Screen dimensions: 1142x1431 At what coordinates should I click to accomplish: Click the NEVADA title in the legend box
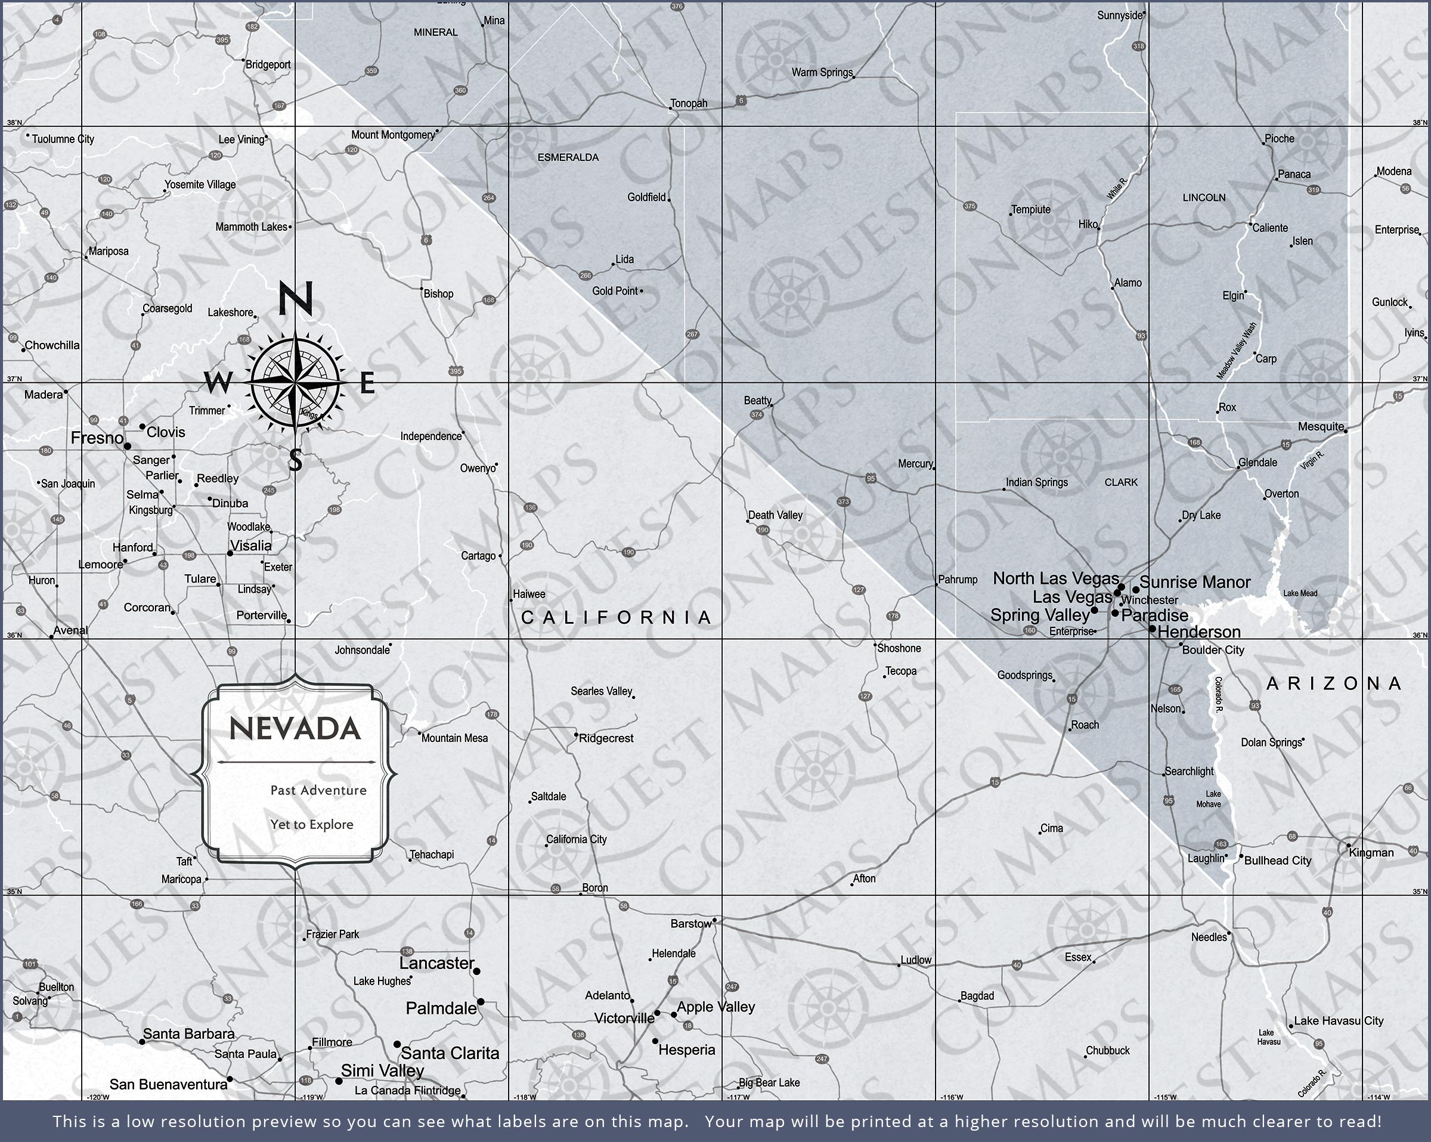pyautogui.click(x=295, y=729)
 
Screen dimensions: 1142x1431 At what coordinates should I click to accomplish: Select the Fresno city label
pyautogui.click(x=97, y=438)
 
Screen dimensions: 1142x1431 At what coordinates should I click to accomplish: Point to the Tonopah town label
pyautogui.click(x=688, y=104)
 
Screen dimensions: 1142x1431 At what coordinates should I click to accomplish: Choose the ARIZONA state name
pyautogui.click(x=1334, y=684)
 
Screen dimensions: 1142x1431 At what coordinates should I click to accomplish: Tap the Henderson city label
pyautogui.click(x=1198, y=632)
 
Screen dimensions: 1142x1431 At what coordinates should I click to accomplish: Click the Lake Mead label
pyautogui.click(x=1300, y=593)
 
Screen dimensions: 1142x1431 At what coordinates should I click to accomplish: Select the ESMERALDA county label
pyautogui.click(x=568, y=157)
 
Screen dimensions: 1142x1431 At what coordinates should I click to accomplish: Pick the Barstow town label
pyautogui.click(x=690, y=924)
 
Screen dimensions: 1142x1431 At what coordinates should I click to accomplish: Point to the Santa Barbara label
pyautogui.click(x=188, y=1034)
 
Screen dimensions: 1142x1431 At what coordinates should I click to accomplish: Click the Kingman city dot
pyautogui.click(x=1348, y=847)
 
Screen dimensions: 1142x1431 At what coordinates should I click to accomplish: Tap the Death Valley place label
pyautogui.click(x=775, y=515)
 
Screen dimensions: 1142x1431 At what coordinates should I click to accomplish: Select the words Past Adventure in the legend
pyautogui.click(x=318, y=790)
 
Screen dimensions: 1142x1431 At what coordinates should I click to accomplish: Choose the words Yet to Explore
pyautogui.click(x=311, y=825)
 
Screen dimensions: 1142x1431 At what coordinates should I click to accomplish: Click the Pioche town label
pyautogui.click(x=1279, y=139)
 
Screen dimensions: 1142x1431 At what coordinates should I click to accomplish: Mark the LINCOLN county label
pyautogui.click(x=1204, y=198)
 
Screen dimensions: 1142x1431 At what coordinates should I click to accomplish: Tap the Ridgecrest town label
pyautogui.click(x=606, y=738)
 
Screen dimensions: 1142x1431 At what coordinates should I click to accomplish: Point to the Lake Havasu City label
pyautogui.click(x=1339, y=1020)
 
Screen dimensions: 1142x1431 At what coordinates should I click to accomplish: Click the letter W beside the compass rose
pyautogui.click(x=218, y=382)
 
